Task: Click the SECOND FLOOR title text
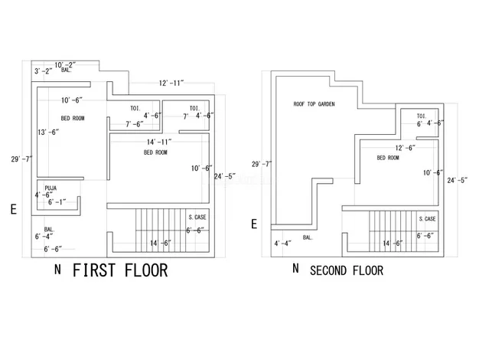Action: tap(346, 270)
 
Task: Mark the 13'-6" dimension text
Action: tap(48, 132)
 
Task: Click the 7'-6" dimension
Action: tap(134, 123)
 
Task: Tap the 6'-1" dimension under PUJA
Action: tap(57, 202)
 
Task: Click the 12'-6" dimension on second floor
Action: tap(405, 148)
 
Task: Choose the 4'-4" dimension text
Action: tap(282, 244)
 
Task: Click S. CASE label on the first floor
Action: tap(197, 218)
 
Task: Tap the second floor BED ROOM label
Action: tap(388, 158)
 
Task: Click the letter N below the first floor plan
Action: tap(58, 270)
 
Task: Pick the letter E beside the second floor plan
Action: tap(254, 224)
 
